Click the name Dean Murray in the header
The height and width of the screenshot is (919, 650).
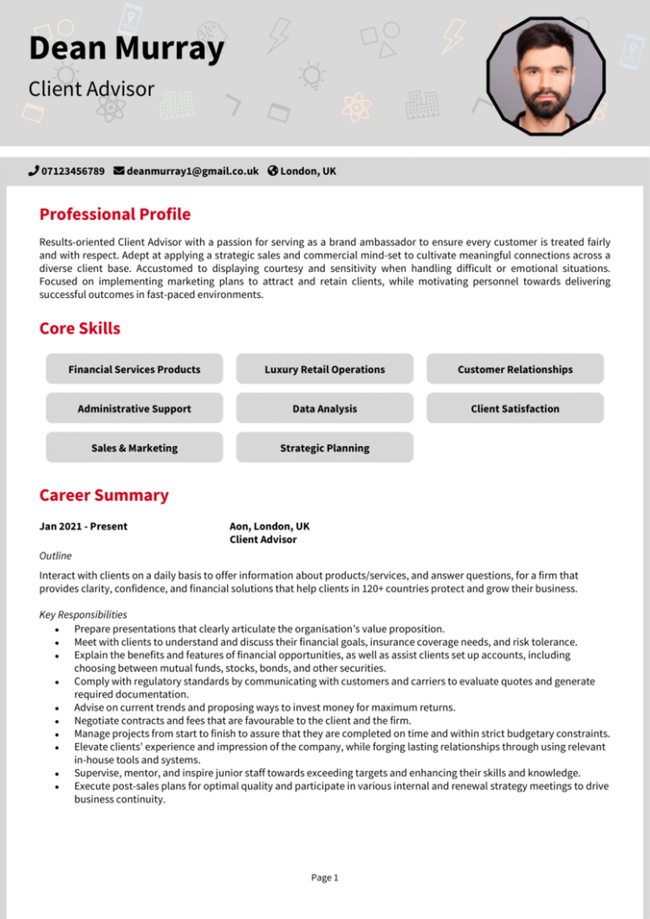(x=126, y=48)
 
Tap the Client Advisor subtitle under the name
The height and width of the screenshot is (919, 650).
(x=92, y=89)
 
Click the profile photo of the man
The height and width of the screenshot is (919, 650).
(x=546, y=75)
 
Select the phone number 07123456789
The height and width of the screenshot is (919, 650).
(x=73, y=171)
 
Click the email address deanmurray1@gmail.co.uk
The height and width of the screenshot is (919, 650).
(x=192, y=171)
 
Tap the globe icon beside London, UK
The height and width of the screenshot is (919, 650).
(x=273, y=171)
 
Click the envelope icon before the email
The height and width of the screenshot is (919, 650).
(x=119, y=171)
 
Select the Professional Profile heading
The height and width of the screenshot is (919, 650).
(x=115, y=214)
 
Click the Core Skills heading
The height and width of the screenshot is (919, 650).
(x=80, y=328)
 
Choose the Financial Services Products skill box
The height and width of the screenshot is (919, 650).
(x=135, y=369)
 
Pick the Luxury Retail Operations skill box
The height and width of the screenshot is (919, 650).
(x=324, y=369)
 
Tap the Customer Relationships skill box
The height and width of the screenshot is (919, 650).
(x=514, y=369)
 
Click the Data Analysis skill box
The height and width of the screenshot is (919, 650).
(x=324, y=408)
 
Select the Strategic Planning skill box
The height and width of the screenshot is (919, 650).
(x=324, y=448)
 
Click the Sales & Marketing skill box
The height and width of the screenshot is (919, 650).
(x=135, y=448)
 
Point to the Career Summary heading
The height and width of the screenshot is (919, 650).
(x=104, y=495)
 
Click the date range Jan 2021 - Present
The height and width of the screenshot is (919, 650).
(x=83, y=526)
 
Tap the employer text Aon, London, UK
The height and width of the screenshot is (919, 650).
(x=269, y=526)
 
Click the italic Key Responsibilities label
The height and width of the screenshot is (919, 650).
(x=83, y=615)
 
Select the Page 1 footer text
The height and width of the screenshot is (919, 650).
(x=324, y=878)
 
